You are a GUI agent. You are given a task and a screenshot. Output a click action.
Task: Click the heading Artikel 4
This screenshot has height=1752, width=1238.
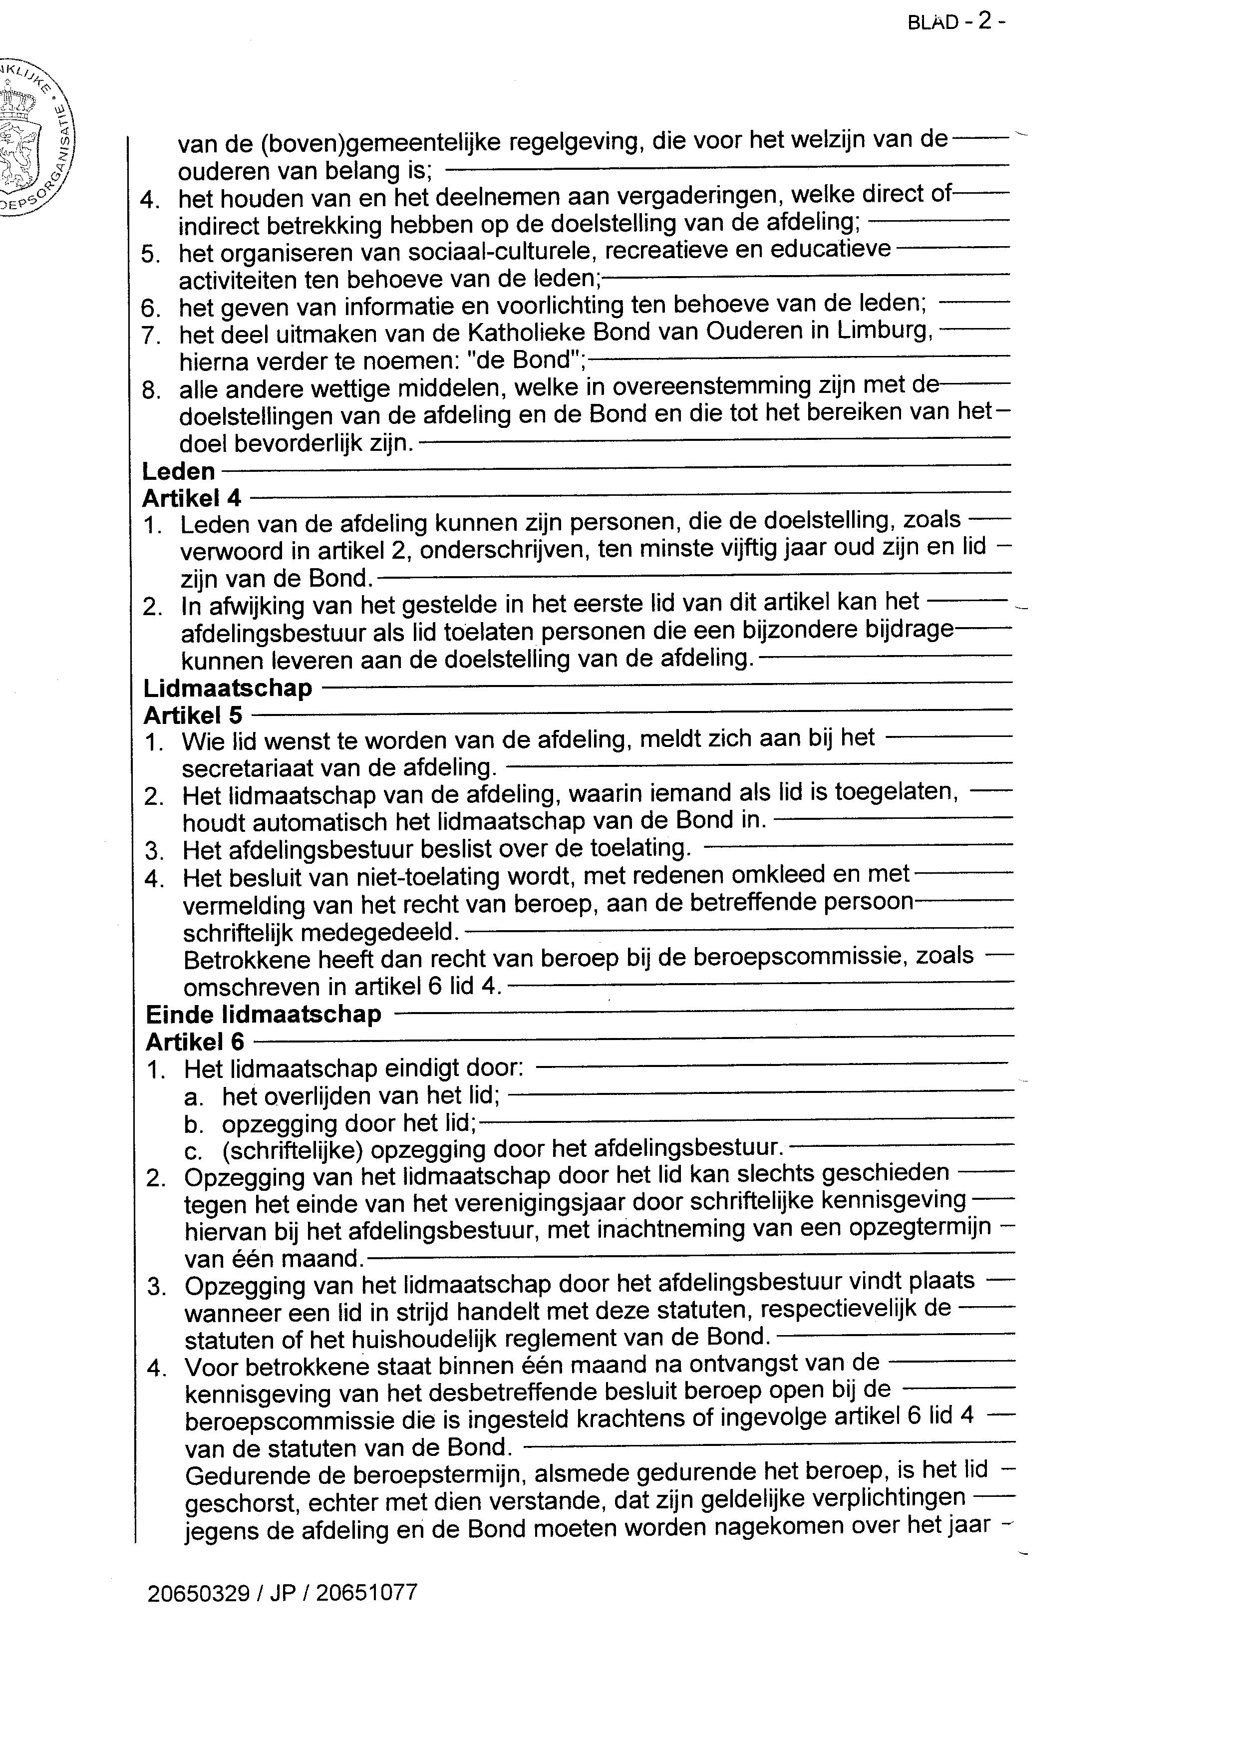point(192,498)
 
